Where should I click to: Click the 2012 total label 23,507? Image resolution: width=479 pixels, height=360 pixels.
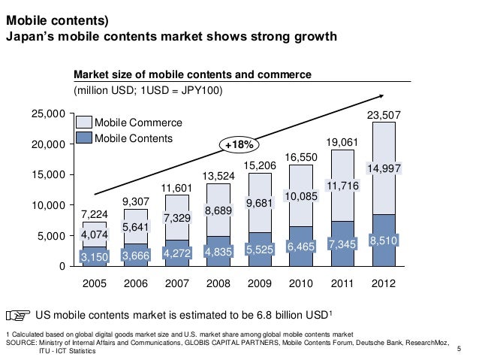tap(384, 115)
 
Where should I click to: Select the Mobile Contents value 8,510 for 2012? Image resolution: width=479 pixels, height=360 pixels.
tap(384, 241)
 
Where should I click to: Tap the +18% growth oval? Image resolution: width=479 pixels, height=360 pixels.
tap(238, 144)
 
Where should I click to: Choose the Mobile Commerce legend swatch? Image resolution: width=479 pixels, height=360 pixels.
tap(83, 123)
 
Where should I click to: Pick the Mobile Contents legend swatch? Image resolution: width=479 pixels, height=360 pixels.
tap(83, 138)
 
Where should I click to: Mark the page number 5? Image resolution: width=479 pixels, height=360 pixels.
tap(459, 348)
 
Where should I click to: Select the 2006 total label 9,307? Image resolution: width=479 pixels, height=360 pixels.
tap(136, 201)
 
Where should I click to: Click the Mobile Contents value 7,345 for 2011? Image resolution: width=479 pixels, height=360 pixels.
tap(342, 244)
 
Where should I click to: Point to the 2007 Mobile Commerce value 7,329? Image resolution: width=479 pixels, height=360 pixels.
tap(177, 217)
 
